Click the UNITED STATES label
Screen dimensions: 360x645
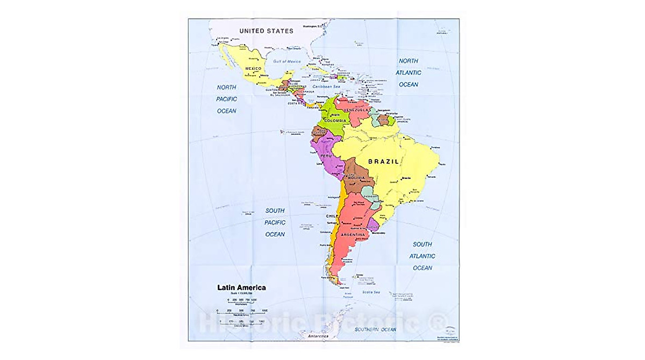coord(266,31)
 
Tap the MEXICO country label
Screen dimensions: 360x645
coord(253,69)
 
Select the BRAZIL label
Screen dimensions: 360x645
coord(383,161)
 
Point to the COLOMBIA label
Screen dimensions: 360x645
coord(334,121)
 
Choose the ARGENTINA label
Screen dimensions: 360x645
coord(353,235)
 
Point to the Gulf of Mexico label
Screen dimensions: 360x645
coord(286,62)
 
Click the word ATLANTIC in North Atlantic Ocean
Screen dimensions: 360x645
coord(408,73)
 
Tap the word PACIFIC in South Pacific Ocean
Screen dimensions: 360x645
coord(275,222)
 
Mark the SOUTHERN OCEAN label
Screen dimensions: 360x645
coord(374,329)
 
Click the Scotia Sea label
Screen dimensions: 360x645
coord(370,292)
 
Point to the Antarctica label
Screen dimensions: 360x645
coord(318,336)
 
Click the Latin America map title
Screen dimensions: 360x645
coord(241,287)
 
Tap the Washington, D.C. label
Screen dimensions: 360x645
coord(312,26)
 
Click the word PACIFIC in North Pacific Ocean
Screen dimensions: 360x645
coord(226,99)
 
